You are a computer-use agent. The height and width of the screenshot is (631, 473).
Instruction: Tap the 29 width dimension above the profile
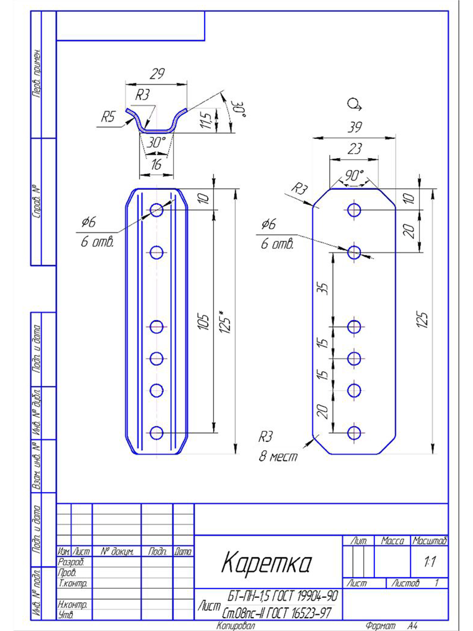point(157,74)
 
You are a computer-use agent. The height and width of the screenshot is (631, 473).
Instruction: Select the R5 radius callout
point(108,117)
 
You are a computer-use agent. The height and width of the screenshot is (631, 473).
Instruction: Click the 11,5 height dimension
point(206,121)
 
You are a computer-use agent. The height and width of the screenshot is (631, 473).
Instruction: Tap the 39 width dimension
point(354,127)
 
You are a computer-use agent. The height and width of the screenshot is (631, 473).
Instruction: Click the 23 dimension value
point(354,149)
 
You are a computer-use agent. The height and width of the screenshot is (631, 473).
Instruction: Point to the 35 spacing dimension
point(323,288)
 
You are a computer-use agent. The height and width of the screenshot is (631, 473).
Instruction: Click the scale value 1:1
point(429,562)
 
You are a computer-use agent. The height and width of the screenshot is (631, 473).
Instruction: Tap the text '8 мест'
point(278,456)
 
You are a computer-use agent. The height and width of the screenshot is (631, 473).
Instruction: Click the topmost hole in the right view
point(354,210)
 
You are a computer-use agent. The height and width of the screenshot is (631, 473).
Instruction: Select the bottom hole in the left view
point(156,433)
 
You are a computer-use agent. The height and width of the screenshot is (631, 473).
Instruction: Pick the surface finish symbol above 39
point(354,105)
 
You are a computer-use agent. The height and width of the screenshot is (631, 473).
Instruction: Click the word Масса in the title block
point(392,541)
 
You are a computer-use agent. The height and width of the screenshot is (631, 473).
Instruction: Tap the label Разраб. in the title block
point(71,562)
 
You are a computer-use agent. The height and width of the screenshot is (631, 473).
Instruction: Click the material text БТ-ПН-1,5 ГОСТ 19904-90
point(282,596)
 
